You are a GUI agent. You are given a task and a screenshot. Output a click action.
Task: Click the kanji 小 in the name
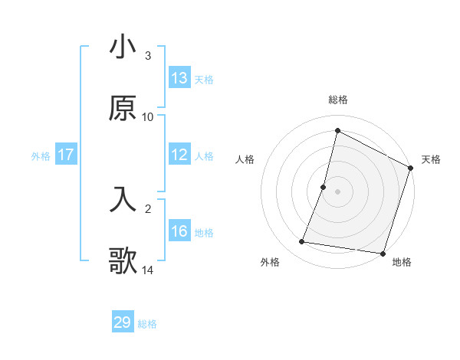tap(123, 47)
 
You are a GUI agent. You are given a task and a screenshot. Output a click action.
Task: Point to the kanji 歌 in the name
tap(123, 260)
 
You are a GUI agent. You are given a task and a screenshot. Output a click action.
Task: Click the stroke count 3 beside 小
tap(148, 56)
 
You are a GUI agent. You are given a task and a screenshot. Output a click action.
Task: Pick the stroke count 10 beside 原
tap(148, 116)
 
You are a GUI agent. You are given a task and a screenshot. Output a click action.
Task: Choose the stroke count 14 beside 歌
tap(148, 270)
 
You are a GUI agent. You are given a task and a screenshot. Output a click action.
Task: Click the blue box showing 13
tap(179, 78)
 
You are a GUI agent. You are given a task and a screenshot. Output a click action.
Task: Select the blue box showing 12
tap(179, 155)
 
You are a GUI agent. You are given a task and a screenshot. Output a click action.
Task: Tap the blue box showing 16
tap(179, 231)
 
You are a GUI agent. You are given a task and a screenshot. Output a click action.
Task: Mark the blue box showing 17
tap(66, 155)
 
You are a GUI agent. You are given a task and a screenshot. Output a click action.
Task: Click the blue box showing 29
tap(123, 322)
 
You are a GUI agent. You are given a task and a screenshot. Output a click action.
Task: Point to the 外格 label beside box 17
tap(41, 155)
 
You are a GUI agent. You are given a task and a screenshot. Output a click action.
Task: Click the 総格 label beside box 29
tap(148, 323)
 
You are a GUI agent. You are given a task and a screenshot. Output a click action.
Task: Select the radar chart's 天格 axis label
tap(431, 159)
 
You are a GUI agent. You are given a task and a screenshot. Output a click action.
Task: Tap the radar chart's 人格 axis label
tap(245, 159)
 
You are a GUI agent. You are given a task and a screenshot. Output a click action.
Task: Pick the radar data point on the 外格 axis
tap(302, 242)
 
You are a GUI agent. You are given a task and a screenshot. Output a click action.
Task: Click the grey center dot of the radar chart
tap(338, 191)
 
